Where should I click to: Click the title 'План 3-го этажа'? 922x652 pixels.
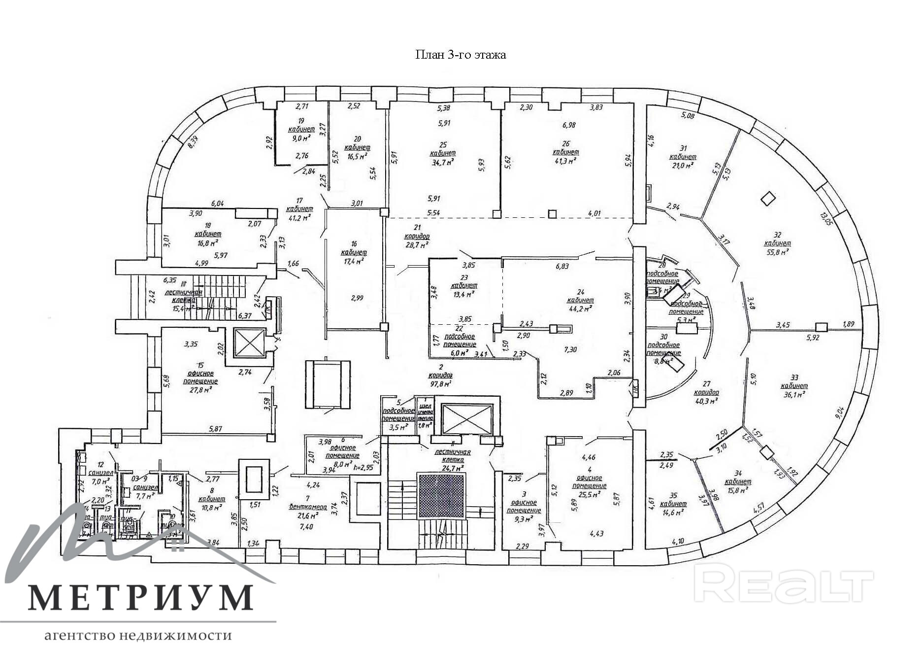pyautogui.click(x=461, y=55)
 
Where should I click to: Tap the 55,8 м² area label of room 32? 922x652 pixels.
pyautogui.click(x=777, y=252)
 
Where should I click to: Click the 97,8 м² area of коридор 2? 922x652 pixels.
pyautogui.click(x=441, y=383)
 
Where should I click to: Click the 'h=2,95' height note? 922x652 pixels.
pyautogui.click(x=363, y=467)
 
